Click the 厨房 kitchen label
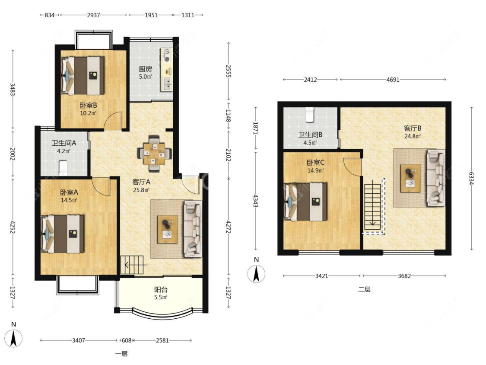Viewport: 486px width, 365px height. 145,69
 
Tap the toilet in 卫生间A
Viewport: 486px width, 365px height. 63,167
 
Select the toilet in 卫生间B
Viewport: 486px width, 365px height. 310,115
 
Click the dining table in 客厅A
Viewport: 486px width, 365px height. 154,154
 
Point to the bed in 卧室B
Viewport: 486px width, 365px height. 83,75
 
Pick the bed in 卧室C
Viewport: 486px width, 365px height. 305,202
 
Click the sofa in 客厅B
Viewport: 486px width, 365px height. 436,178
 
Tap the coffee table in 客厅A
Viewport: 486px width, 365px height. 168,229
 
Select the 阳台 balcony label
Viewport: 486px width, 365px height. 161,290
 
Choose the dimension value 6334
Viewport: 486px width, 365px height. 471,179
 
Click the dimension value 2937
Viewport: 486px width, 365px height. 93,15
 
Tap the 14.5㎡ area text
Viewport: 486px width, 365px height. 69,200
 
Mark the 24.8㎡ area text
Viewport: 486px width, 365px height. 412,136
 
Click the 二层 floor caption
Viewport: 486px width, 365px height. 365,289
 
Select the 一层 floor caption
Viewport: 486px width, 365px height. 121,354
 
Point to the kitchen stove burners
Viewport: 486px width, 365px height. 167,55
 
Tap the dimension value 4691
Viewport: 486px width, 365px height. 393,80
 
